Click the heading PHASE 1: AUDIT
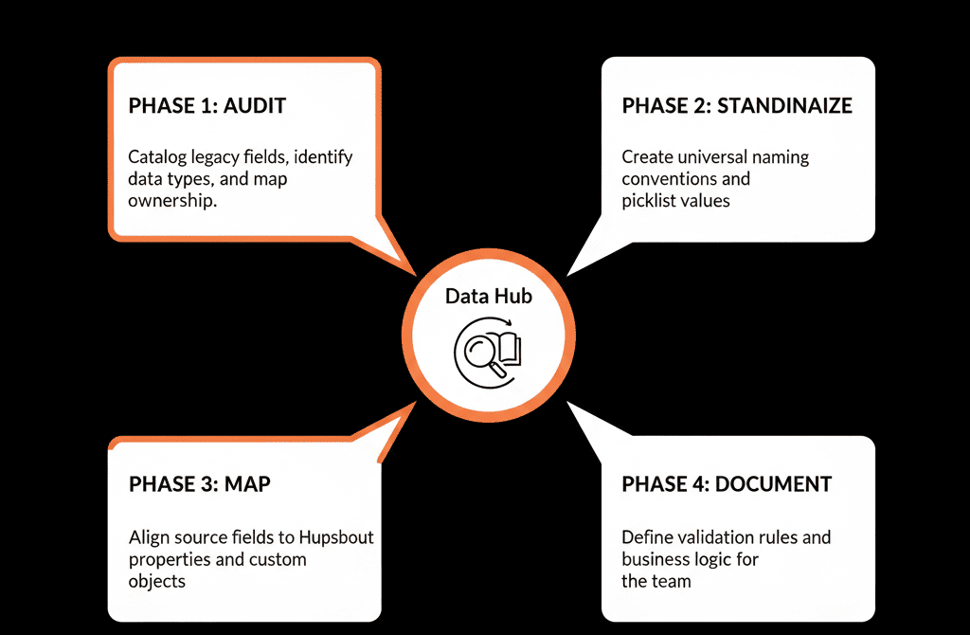[x=207, y=106]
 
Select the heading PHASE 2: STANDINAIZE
[x=737, y=106]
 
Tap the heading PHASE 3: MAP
[x=200, y=484]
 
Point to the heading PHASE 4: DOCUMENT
[x=727, y=484]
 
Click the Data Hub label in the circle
[x=489, y=297]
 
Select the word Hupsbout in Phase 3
[x=336, y=537]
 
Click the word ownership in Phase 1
[x=172, y=201]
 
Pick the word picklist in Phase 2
[x=647, y=201]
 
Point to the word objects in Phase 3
[x=157, y=581]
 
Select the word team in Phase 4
[x=672, y=581]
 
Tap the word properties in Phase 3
[x=171, y=559]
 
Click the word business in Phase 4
[x=653, y=559]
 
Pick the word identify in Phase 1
[x=323, y=157]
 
